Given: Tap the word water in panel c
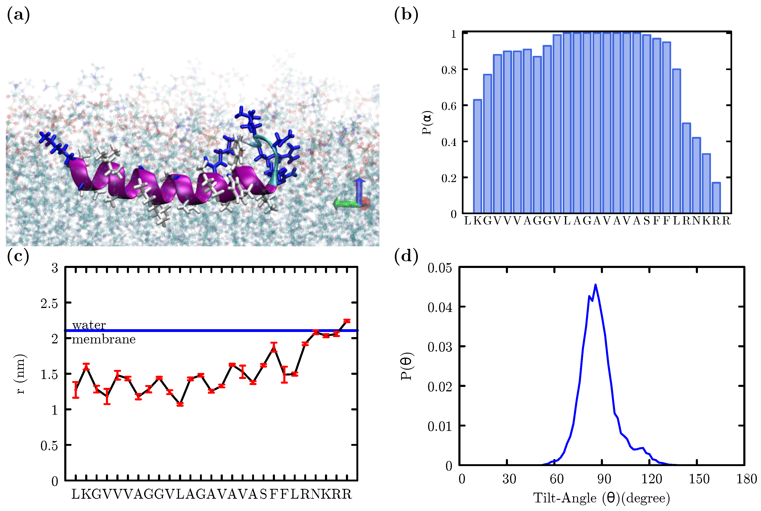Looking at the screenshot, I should tap(89, 325).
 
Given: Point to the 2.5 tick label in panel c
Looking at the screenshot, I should tap(49, 303).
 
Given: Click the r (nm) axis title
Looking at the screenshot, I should tap(20, 374).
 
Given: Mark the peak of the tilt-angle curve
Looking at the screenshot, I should tap(595, 285).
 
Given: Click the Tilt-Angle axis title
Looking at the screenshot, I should tap(601, 498).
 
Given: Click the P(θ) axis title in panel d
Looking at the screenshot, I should tap(406, 366).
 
